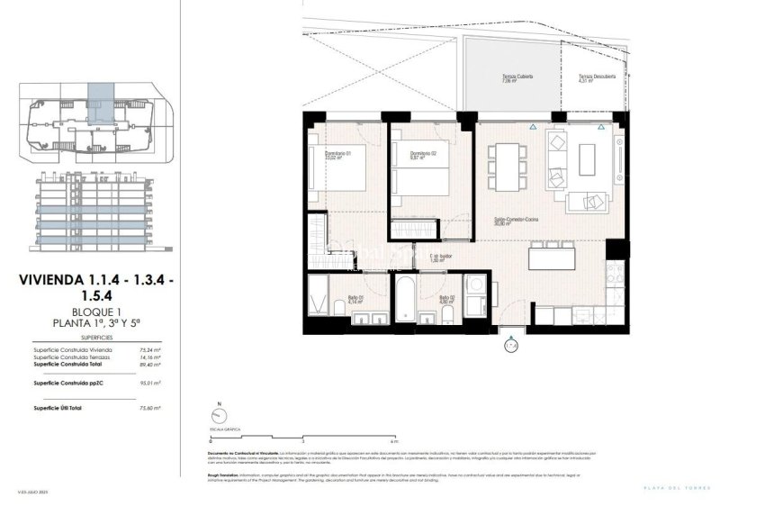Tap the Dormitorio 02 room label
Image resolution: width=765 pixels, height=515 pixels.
[x=423, y=156]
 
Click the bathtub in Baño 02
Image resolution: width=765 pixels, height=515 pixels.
[x=405, y=304]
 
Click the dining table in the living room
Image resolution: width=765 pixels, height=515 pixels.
[x=509, y=167]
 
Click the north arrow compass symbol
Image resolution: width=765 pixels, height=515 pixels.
[x=217, y=415]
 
